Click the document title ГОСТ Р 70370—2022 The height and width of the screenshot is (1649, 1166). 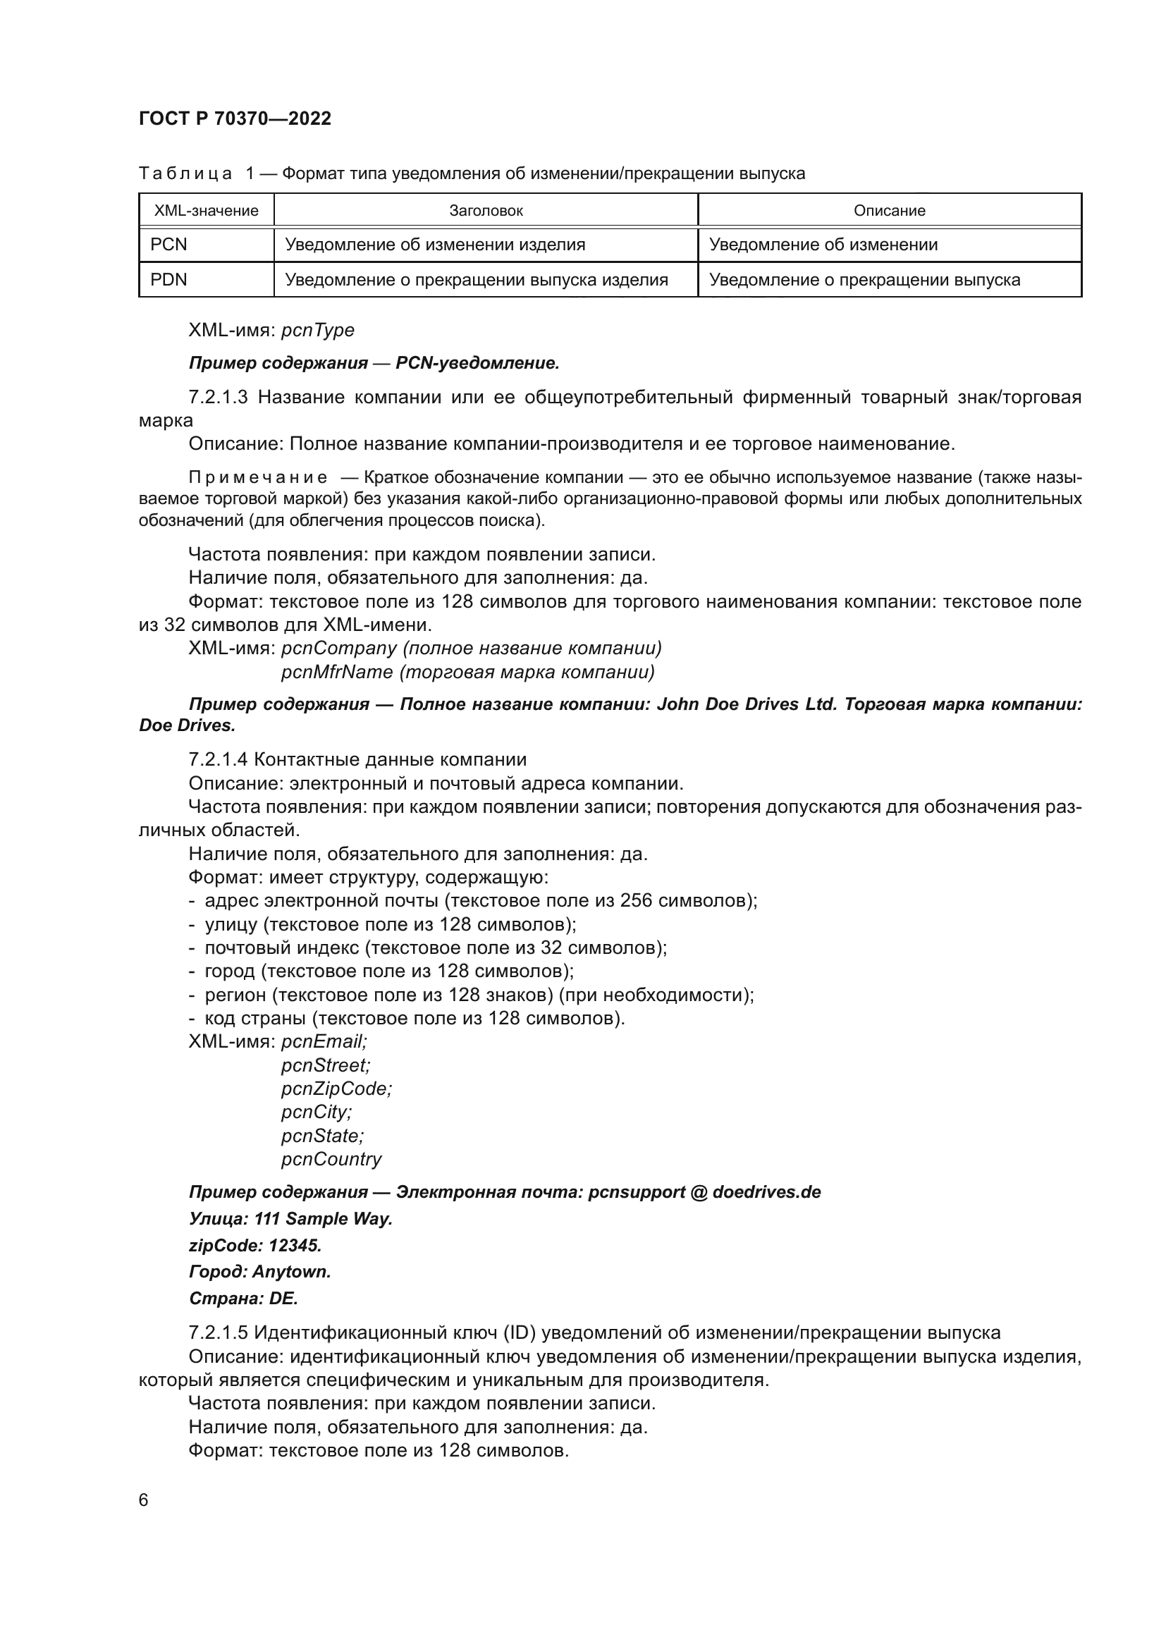click(x=235, y=119)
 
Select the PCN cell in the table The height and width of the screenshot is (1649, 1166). click(x=168, y=245)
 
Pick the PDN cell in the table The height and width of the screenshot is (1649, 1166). click(x=168, y=279)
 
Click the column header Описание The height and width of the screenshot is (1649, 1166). click(x=889, y=210)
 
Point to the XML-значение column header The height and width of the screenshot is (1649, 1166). click(x=206, y=210)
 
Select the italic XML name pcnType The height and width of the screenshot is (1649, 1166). click(x=317, y=331)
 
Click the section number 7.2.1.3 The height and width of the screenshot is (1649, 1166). click(x=219, y=397)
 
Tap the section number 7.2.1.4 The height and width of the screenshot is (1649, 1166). click(x=219, y=759)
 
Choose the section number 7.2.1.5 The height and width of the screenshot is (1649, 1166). click(x=219, y=1332)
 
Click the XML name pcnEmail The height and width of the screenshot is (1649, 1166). click(x=323, y=1041)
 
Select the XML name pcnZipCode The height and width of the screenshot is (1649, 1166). click(x=336, y=1089)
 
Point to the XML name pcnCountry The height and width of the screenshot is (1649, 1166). click(x=331, y=1159)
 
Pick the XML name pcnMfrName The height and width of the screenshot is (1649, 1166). click(x=337, y=673)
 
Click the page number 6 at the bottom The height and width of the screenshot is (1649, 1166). click(x=144, y=1500)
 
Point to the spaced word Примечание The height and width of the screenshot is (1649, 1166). click(x=258, y=477)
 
